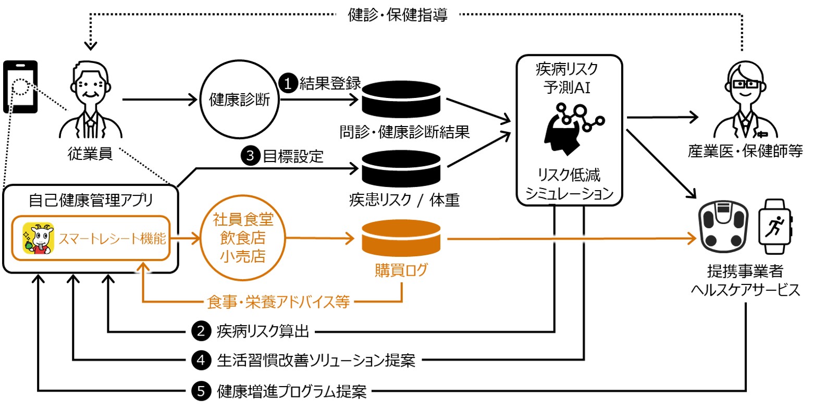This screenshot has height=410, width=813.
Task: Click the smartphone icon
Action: [x=20, y=86]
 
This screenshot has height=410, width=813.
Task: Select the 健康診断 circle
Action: [x=239, y=100]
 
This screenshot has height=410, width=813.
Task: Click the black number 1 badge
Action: [x=288, y=83]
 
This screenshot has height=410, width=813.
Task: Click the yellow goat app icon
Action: [x=38, y=239]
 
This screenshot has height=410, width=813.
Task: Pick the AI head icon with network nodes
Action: [x=570, y=127]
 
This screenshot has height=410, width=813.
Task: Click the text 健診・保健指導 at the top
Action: [x=397, y=15]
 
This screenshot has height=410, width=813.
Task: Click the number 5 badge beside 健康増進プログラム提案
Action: [x=201, y=391]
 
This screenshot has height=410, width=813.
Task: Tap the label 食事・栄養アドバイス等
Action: [x=278, y=301]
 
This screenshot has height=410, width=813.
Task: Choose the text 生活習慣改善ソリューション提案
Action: [x=316, y=360]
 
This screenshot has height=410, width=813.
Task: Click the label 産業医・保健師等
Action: [x=745, y=152]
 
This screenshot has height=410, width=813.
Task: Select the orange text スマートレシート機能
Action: [x=113, y=239]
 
